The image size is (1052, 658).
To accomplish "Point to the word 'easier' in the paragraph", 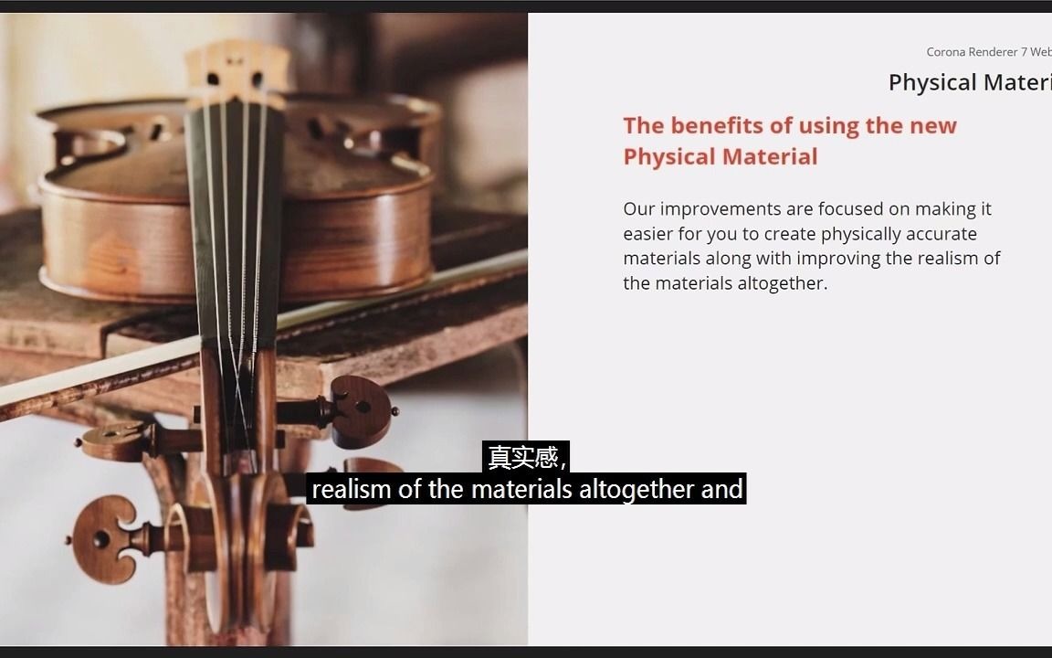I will tap(648, 234).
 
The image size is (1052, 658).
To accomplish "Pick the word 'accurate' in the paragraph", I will tap(942, 234).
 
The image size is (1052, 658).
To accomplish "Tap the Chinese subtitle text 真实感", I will tap(524, 456).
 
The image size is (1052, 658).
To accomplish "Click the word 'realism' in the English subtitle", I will tap(352, 490).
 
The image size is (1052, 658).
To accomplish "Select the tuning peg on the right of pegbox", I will tap(361, 410).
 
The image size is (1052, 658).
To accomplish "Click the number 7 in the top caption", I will tap(1025, 52).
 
